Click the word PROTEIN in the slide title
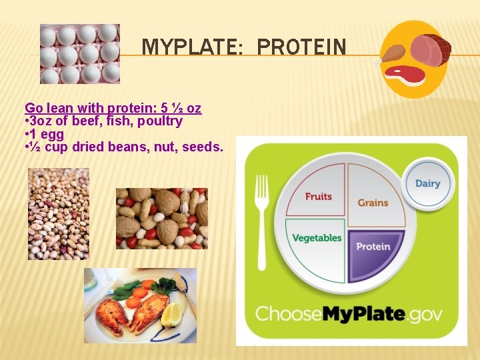pos(301,48)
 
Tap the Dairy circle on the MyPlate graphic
pos(427,183)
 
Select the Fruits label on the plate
pos(318,196)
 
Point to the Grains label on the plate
pos(373,202)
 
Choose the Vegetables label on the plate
pos(317,238)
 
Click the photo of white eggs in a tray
pos(80,54)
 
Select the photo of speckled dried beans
pos(59,213)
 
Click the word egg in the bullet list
pos(53,134)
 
